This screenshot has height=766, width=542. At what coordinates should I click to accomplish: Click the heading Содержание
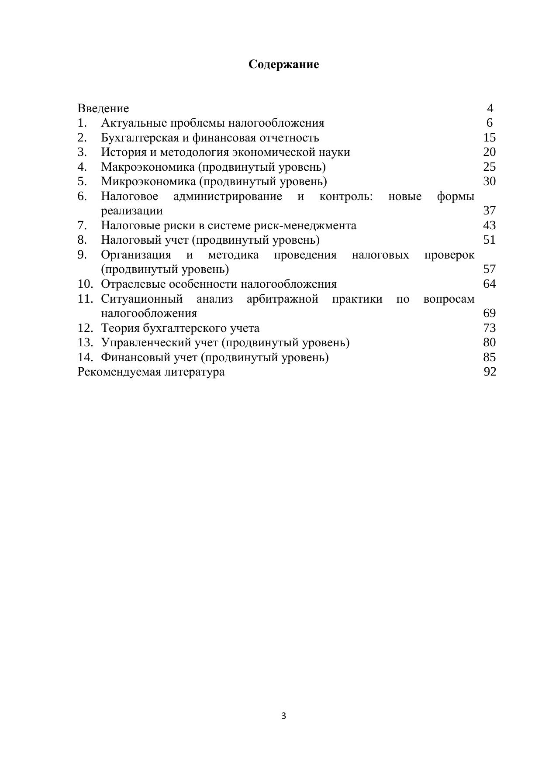(x=283, y=64)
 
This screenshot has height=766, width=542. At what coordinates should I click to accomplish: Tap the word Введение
(x=103, y=108)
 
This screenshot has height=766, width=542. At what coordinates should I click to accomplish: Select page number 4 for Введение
(x=490, y=108)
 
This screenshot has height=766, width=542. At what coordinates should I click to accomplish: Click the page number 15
(x=489, y=138)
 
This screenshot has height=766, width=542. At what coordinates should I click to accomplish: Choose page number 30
(x=489, y=181)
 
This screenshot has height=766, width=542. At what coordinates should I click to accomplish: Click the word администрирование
(x=228, y=196)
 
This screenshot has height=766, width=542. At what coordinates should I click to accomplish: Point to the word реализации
(x=132, y=210)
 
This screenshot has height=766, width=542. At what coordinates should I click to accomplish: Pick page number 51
(x=489, y=240)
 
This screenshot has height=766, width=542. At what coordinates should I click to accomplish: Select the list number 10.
(x=85, y=284)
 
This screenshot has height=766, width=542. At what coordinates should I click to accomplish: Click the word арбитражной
(x=282, y=299)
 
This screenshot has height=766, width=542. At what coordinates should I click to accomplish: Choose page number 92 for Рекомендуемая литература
(x=490, y=372)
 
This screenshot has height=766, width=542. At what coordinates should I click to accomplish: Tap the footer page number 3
(x=283, y=716)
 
